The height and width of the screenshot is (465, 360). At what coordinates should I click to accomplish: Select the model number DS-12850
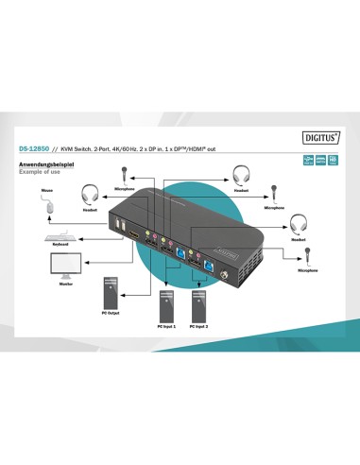34,147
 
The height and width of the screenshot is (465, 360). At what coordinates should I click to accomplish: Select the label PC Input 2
198,327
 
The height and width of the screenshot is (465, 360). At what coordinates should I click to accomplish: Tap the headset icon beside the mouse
89,195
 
